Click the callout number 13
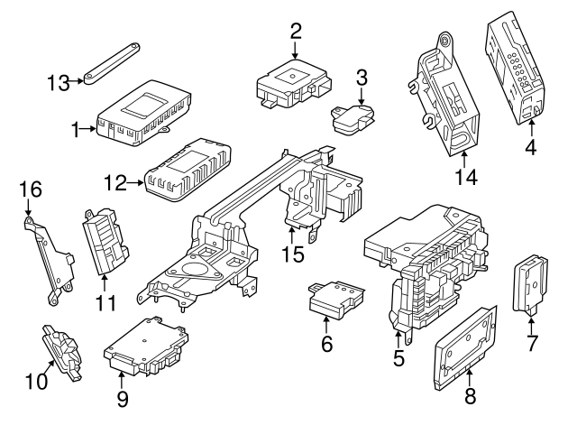[60, 81]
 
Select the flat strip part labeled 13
[114, 61]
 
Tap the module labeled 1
[142, 112]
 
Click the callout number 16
[31, 190]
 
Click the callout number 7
[532, 343]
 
